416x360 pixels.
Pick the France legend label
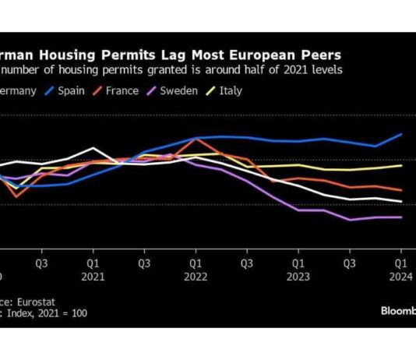click(123, 90)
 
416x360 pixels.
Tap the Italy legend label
click(231, 90)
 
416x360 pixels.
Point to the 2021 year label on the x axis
click(93, 276)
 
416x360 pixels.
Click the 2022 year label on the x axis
click(196, 276)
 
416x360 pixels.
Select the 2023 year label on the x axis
click(298, 276)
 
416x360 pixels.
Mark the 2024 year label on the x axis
click(401, 276)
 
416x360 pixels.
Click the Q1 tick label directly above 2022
click(196, 263)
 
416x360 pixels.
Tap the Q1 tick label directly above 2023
click(298, 263)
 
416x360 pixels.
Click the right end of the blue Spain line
click(402, 134)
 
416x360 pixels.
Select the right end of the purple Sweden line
click(402, 217)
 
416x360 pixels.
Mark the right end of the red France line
click(402, 190)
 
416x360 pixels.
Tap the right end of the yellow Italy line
click(402, 165)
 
